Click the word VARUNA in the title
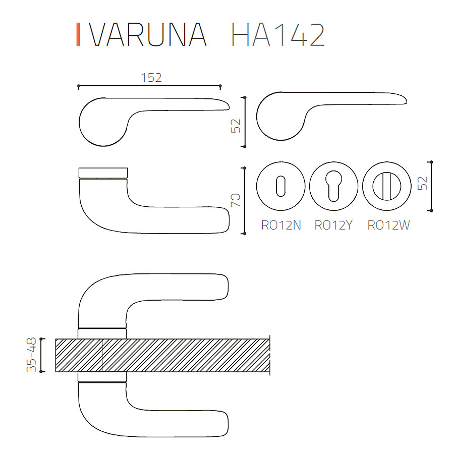pyautogui.click(x=148, y=34)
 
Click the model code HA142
pyautogui.click(x=278, y=34)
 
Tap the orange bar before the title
pyautogui.click(x=78, y=34)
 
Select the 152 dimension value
pyautogui.click(x=151, y=78)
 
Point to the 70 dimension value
pyautogui.click(x=236, y=200)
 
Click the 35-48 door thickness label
pyautogui.click(x=31, y=355)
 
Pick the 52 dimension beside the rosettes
pyautogui.click(x=422, y=183)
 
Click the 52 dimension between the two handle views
pyautogui.click(x=236, y=126)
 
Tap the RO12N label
pyautogui.click(x=281, y=225)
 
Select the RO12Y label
pyautogui.click(x=333, y=225)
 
